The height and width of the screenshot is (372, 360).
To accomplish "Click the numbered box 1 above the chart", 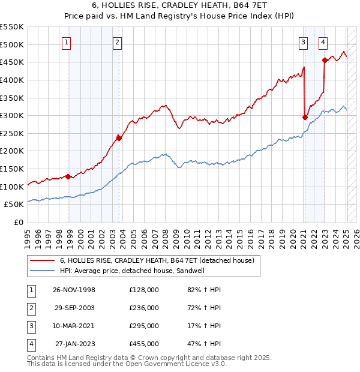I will click(x=65, y=42).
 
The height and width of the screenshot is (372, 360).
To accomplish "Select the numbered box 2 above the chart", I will click(x=117, y=42).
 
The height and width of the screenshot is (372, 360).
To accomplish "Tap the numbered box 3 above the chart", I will click(x=304, y=42).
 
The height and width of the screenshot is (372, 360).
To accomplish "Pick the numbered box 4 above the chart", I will click(x=323, y=42).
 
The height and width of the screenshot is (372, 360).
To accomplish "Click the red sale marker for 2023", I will click(x=325, y=60).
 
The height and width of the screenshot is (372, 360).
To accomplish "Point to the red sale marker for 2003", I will click(x=119, y=138).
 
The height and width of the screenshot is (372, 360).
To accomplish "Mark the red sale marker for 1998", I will click(x=68, y=176).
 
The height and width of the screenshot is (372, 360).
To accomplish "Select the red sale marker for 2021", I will click(x=305, y=117).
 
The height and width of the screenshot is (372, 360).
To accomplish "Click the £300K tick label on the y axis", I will click(x=12, y=115).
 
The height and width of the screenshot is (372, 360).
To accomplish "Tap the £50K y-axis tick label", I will click(x=14, y=205).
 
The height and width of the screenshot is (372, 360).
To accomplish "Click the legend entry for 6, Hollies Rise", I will click(x=157, y=260).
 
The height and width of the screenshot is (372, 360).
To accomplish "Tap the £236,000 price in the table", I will click(x=144, y=308).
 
